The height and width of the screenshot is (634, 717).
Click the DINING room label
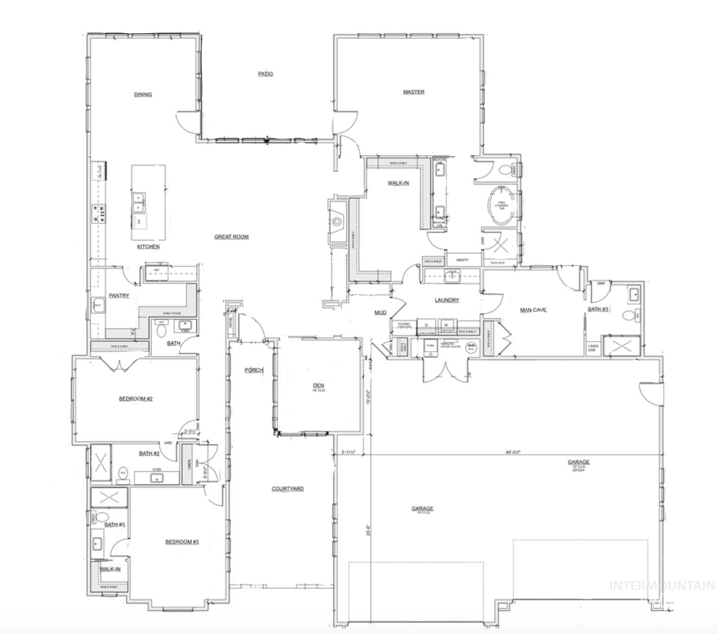(x=143, y=95)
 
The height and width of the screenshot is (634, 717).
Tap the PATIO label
(x=266, y=74)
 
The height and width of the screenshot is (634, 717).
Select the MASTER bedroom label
(x=413, y=92)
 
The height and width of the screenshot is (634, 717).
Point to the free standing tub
(x=501, y=206)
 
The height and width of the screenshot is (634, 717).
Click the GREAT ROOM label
(x=231, y=237)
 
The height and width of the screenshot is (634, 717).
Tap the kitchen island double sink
(x=139, y=202)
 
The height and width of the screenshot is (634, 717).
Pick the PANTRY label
(x=119, y=296)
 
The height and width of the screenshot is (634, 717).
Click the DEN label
(x=318, y=386)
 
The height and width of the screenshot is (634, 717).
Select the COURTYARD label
(x=287, y=489)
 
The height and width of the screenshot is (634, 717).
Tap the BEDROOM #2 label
(x=136, y=399)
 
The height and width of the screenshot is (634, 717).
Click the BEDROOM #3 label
(x=182, y=542)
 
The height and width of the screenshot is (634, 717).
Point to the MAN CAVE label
(x=533, y=310)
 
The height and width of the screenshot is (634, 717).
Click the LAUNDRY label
(x=447, y=300)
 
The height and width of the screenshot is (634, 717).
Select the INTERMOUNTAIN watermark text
(x=662, y=586)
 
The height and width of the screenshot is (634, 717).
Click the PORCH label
(x=254, y=370)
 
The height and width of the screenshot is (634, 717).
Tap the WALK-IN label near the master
(x=398, y=183)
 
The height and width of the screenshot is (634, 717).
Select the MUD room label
(x=380, y=313)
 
